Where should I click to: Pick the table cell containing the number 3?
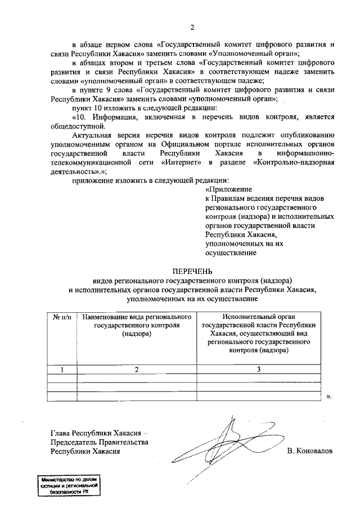259,370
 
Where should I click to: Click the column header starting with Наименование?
137,325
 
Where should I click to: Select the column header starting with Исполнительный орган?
259,333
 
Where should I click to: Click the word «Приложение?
228,190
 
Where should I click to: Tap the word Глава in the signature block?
60,433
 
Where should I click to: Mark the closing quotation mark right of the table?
329,397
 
